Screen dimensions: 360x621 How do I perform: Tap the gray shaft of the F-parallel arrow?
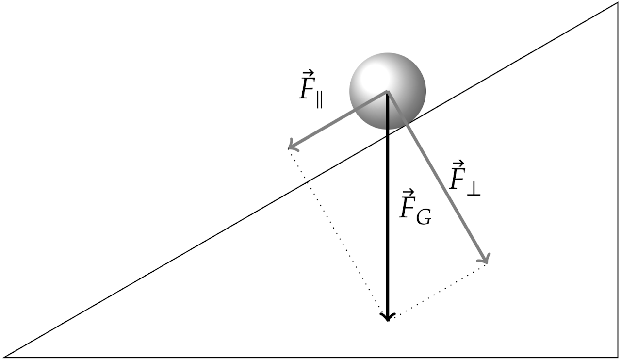click(x=340, y=118)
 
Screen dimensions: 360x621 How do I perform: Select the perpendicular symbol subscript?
click(x=474, y=190)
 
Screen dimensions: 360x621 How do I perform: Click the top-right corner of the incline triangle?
click(x=617, y=4)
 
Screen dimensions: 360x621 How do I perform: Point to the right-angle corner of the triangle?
click(x=617, y=357)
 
